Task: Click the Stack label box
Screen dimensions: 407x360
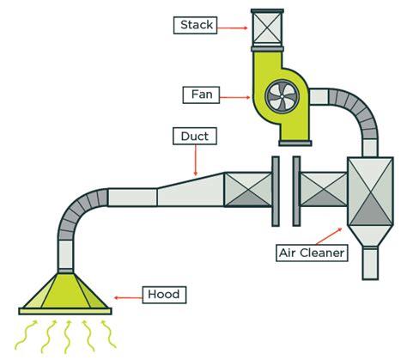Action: click(195, 25)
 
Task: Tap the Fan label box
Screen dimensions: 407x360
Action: click(201, 95)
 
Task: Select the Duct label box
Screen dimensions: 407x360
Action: click(195, 136)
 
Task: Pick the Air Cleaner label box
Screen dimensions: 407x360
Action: click(312, 253)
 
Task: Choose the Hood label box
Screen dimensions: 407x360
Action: click(164, 295)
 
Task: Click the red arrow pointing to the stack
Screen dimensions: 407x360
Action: click(233, 28)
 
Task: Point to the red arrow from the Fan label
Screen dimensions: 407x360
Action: click(235, 97)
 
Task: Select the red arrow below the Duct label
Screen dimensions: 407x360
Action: click(196, 160)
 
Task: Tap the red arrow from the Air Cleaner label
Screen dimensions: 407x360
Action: click(329, 236)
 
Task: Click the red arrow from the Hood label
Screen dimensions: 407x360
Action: click(128, 298)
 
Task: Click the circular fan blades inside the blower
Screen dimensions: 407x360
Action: click(282, 98)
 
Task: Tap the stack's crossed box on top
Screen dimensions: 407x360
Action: click(267, 28)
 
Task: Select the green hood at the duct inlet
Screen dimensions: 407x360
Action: click(65, 294)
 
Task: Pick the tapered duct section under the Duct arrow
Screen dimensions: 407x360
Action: click(191, 190)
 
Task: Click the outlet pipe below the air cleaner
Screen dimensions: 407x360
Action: click(370, 264)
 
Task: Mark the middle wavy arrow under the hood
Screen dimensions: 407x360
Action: click(68, 338)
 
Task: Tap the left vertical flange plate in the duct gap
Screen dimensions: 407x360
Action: click(276, 191)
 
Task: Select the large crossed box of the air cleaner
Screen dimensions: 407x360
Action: click(370, 191)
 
